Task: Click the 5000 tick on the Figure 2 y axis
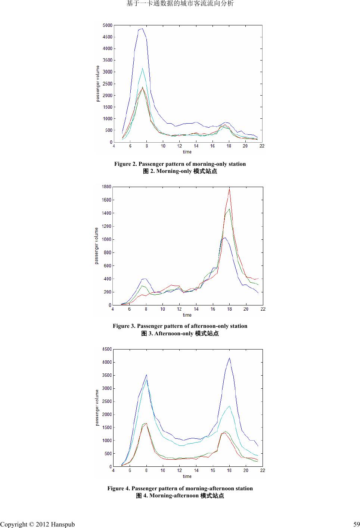tap(108, 25)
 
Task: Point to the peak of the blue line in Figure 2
tap(142, 28)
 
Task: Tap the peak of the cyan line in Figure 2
tap(142, 68)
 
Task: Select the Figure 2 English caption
tap(180, 164)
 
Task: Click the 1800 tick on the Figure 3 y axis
tap(107, 187)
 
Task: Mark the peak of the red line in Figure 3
tap(229, 189)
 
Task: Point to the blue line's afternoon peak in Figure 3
tap(225, 237)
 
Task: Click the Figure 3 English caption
tap(180, 326)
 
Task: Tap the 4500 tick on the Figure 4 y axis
tap(107, 349)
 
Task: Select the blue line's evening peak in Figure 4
tap(229, 358)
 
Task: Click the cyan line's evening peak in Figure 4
tap(229, 406)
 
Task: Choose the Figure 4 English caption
tap(180, 488)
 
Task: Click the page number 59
tap(356, 524)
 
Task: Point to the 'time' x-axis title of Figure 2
tap(187, 152)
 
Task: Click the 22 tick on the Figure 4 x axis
tap(263, 470)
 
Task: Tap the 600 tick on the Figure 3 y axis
tap(108, 266)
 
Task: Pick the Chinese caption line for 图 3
tap(180, 333)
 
